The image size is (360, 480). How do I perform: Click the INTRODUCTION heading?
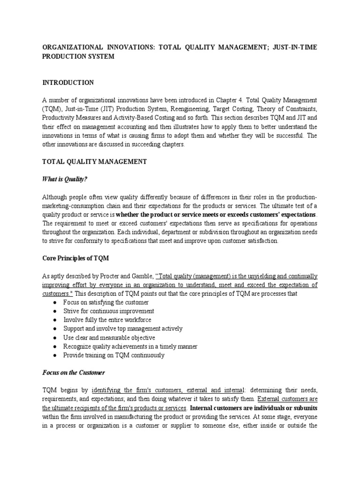point(68,82)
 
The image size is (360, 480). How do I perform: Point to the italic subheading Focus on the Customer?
point(74,373)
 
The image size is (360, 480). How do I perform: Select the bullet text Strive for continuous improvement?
point(109,311)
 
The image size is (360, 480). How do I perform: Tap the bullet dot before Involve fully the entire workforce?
point(55,320)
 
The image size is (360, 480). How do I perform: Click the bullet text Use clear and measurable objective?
point(109,337)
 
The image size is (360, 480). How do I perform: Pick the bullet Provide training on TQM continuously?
point(114,355)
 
